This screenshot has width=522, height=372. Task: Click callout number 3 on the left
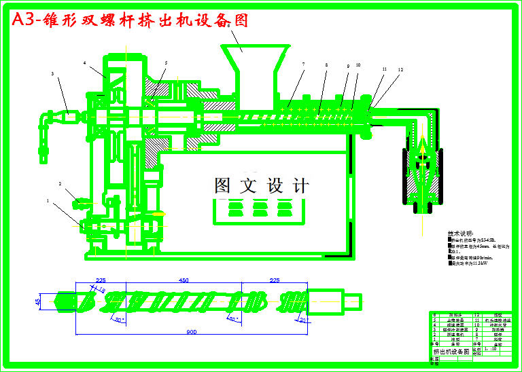click(x=52, y=73)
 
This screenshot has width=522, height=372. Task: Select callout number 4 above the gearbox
click(x=85, y=63)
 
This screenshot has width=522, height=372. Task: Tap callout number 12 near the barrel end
click(x=400, y=70)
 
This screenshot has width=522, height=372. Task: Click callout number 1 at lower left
click(x=48, y=201)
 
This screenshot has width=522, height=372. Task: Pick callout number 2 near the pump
click(x=60, y=184)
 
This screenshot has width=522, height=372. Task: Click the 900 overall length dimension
click(x=193, y=331)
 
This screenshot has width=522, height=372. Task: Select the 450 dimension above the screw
click(x=184, y=280)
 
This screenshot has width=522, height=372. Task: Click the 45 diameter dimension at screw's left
click(x=38, y=301)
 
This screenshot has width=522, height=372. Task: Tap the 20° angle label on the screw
click(x=303, y=320)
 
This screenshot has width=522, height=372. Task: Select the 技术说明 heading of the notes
click(x=461, y=233)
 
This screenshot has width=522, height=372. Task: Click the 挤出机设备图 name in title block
click(x=451, y=352)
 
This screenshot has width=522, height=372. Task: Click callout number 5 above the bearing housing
click(x=165, y=63)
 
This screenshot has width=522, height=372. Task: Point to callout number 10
click(x=358, y=65)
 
